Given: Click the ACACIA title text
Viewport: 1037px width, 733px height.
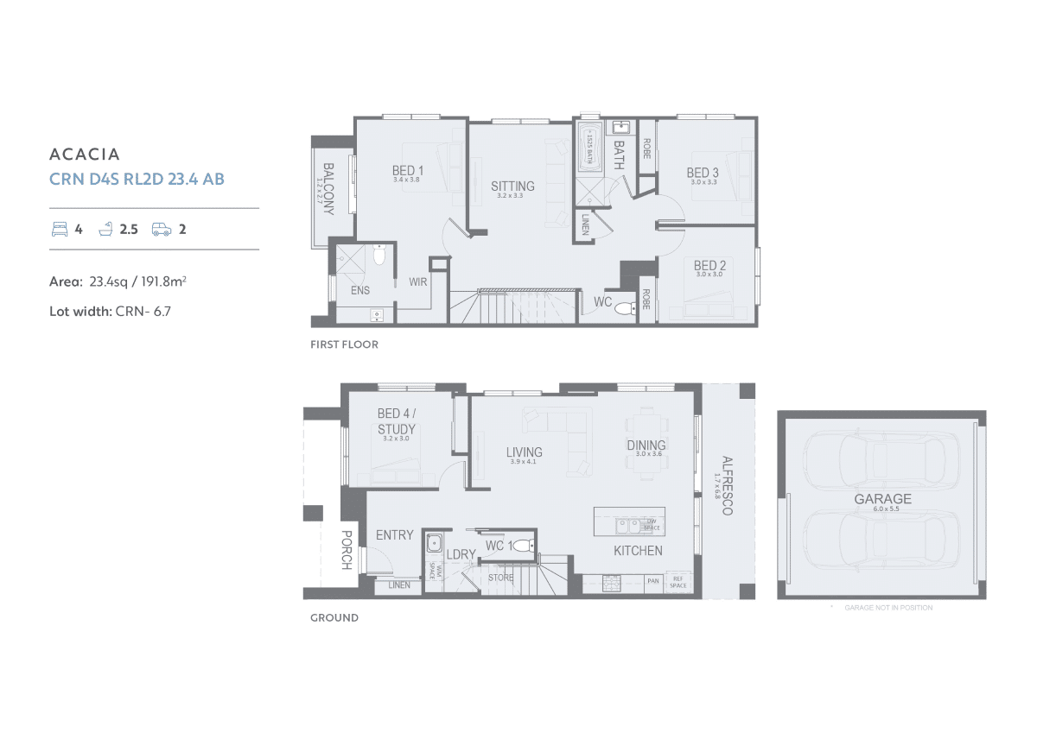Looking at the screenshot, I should (x=85, y=155).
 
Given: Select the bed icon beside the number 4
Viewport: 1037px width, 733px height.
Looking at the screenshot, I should (x=60, y=229).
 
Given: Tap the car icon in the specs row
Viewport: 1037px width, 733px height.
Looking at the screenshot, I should (x=162, y=229).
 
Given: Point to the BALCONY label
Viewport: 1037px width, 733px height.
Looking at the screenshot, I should (x=328, y=189).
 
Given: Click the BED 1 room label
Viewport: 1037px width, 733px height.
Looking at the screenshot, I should (x=408, y=171).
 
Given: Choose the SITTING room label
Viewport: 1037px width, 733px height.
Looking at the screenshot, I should (x=512, y=186).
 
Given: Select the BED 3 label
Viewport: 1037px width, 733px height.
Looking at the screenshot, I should (x=703, y=173).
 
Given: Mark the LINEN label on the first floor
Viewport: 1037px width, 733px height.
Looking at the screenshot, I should (x=586, y=224).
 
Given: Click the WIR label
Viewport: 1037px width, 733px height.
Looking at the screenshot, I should (x=418, y=281).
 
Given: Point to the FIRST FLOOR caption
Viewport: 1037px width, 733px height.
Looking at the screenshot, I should (x=344, y=344).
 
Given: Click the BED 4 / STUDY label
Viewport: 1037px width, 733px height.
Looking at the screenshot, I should (x=396, y=421).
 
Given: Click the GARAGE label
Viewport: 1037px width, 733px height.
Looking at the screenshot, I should (x=882, y=499).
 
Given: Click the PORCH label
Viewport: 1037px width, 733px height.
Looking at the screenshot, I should (x=346, y=549).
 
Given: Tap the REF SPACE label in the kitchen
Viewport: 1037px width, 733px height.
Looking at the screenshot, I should (x=678, y=583).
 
